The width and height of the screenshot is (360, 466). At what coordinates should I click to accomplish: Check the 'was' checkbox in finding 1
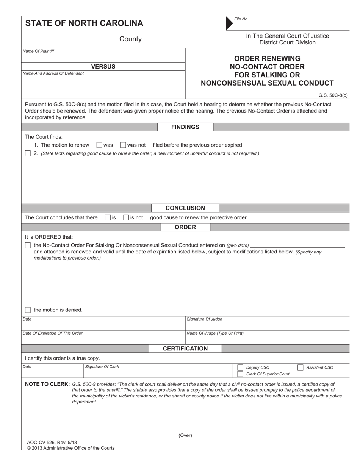pyautogui.click(x=99, y=145)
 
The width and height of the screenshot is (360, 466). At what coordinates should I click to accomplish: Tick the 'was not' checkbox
pyautogui.click(x=123, y=145)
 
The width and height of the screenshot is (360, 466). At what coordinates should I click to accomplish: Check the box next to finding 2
pyautogui.click(x=28, y=153)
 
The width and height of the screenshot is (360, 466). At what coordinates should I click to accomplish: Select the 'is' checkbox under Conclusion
pyautogui.click(x=108, y=218)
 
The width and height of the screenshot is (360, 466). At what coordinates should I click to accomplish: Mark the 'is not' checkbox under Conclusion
pyautogui.click(x=126, y=218)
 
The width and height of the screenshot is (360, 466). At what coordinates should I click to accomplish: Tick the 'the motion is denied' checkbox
pyautogui.click(x=28, y=310)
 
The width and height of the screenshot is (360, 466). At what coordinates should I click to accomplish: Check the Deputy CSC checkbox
pyautogui.click(x=240, y=367)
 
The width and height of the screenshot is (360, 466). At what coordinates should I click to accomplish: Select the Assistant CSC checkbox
pyautogui.click(x=300, y=367)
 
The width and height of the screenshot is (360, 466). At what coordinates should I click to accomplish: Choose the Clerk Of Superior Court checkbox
pyautogui.click(x=240, y=374)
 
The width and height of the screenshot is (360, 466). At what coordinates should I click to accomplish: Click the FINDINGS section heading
pyautogui.click(x=185, y=127)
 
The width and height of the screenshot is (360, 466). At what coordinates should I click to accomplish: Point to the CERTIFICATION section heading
pyautogui.click(x=185, y=349)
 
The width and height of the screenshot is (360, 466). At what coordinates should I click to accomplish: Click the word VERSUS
pyautogui.click(x=103, y=67)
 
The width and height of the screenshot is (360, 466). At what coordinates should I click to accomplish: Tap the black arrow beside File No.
pyautogui.click(x=229, y=23)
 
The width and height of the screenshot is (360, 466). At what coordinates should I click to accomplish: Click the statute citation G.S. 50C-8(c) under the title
pyautogui.click(x=333, y=95)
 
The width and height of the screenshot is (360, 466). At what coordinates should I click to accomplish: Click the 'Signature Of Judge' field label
pyautogui.click(x=205, y=319)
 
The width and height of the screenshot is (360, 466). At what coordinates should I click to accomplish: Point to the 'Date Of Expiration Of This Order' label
pyautogui.click(x=53, y=333)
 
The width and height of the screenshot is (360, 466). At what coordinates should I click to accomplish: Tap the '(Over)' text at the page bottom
pyautogui.click(x=185, y=436)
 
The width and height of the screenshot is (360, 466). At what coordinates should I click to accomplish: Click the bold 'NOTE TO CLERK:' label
pyautogui.click(x=47, y=384)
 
